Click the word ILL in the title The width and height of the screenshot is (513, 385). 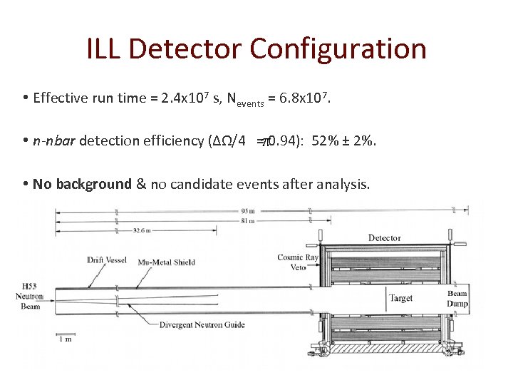pos(103,49)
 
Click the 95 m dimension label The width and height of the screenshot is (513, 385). pos(248,210)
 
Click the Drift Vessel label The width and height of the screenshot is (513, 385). pos(107,260)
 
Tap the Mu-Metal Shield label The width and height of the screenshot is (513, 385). pos(167,262)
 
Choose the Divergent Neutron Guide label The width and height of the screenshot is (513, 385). pos(203,324)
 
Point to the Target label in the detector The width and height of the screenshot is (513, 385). pos(400,298)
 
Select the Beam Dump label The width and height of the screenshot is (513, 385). pos(457,299)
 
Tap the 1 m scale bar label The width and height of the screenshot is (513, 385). pos(66,339)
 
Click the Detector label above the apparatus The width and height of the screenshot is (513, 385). pos(384,237)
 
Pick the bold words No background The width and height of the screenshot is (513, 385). pos(82,184)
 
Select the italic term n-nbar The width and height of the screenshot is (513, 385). pos(54,140)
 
